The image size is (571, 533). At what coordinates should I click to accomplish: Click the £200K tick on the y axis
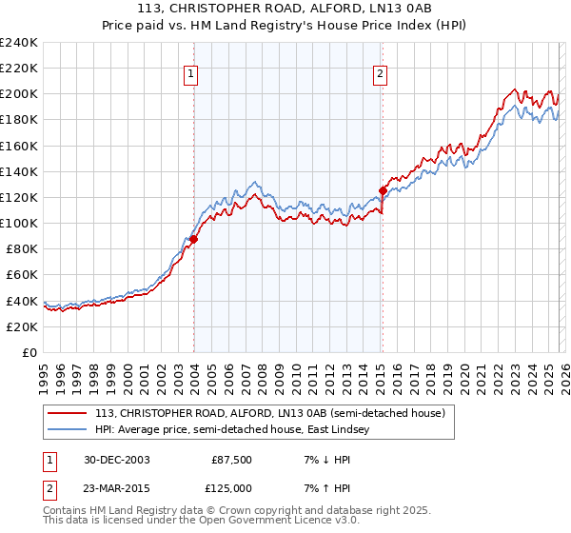click(x=19, y=94)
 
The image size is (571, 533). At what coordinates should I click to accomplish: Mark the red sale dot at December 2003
click(x=193, y=240)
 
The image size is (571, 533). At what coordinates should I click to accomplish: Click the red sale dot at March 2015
click(x=383, y=190)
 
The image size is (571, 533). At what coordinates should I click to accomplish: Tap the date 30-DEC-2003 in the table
click(x=116, y=460)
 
